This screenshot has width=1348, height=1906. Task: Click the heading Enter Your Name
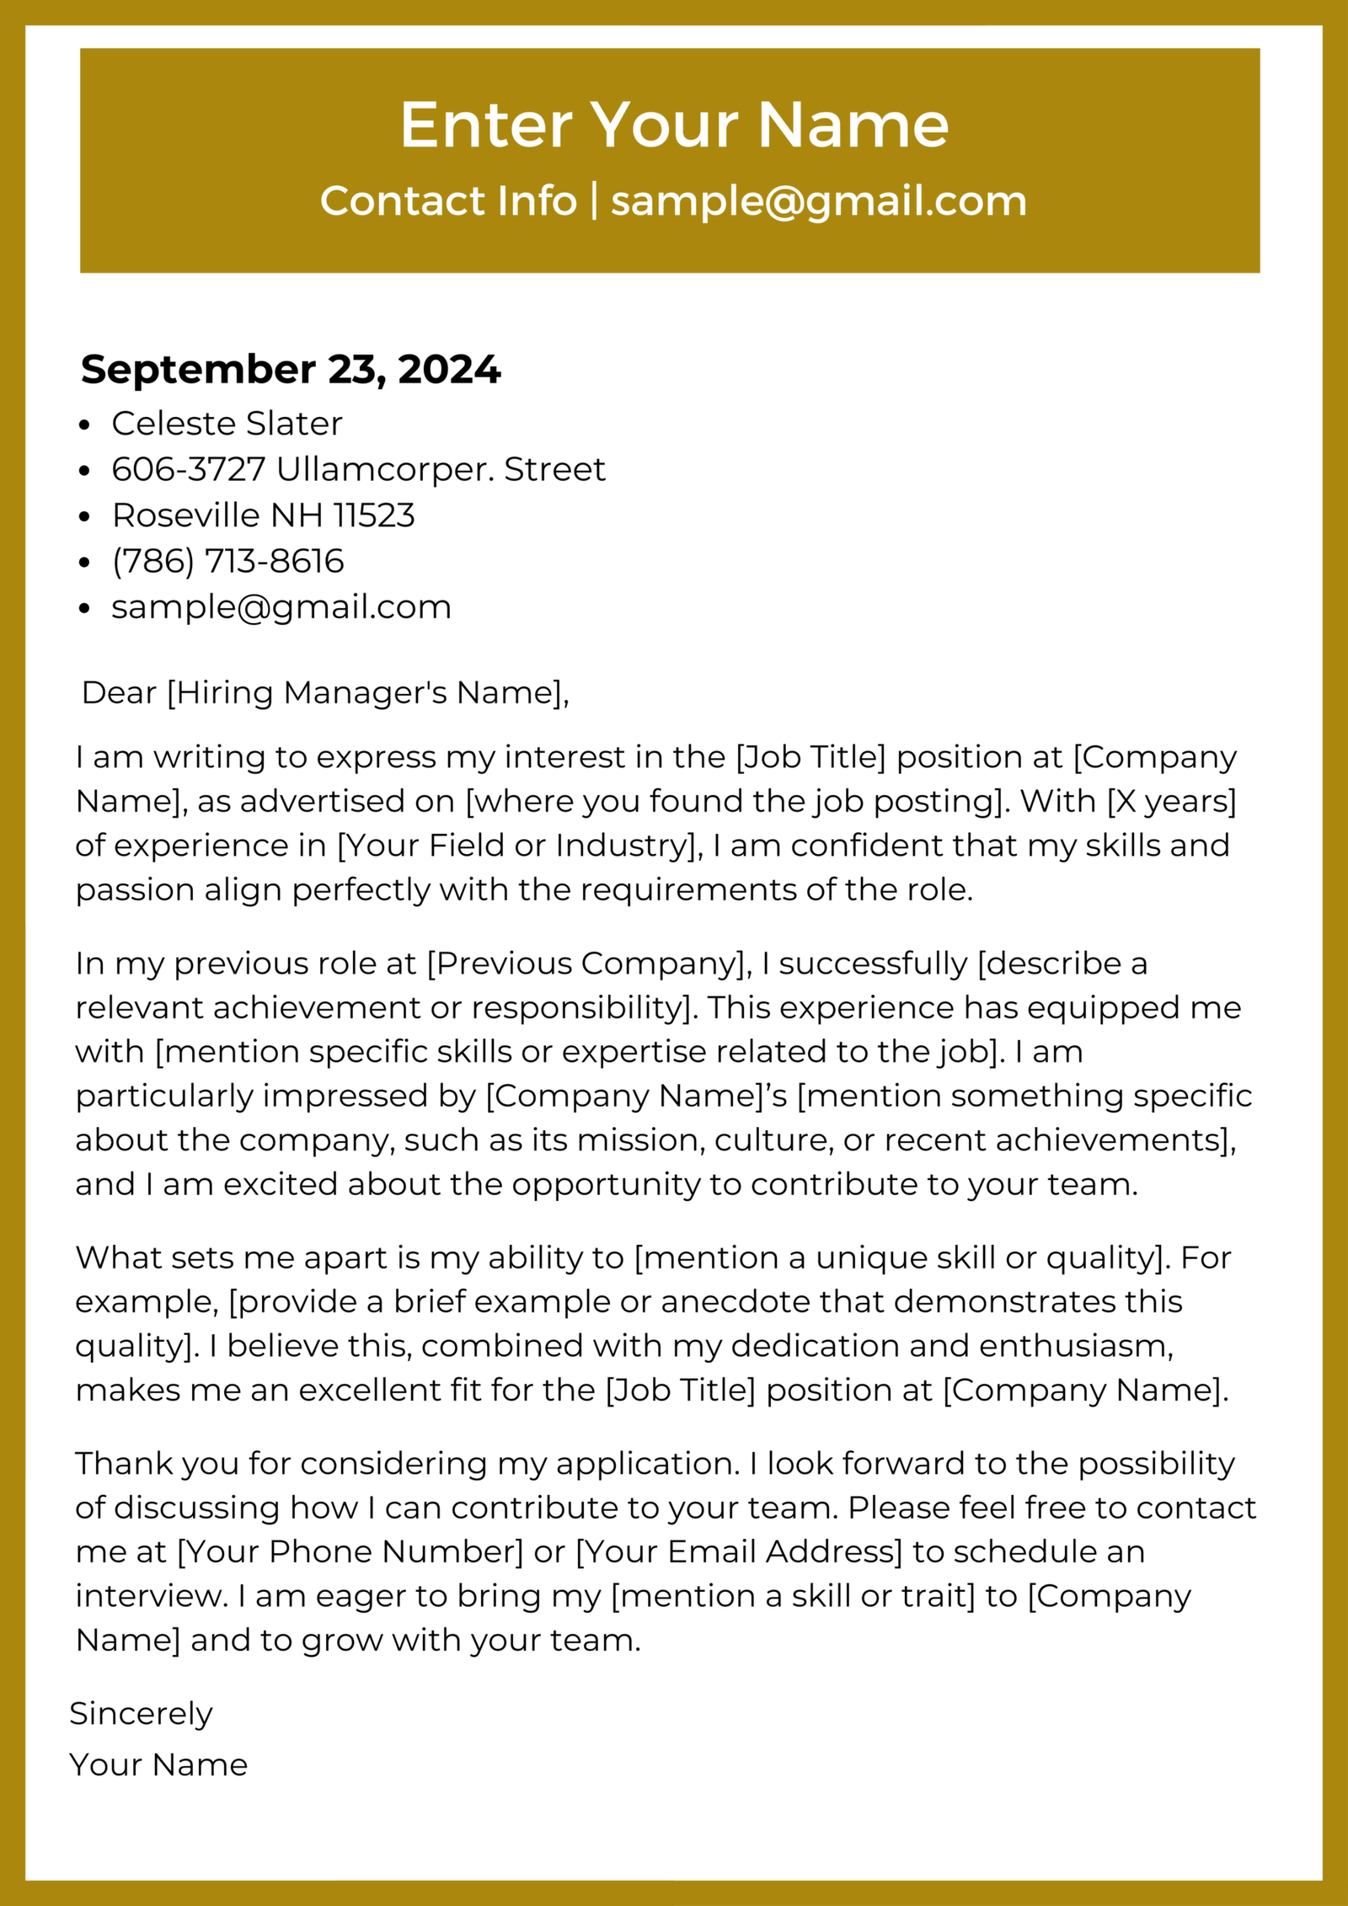(674, 125)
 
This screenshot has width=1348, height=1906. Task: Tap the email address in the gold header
(818, 201)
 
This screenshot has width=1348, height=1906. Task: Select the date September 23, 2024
(291, 370)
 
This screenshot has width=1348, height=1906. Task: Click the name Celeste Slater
(227, 424)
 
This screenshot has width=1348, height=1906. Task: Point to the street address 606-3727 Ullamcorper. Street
(358, 469)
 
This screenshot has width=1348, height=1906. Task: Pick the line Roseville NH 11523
(263, 515)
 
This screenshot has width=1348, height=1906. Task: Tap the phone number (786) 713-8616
(227, 561)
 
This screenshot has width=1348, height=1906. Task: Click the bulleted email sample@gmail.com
(281, 607)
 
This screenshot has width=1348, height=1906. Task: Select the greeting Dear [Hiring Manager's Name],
(325, 692)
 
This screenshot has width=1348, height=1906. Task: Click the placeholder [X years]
(1171, 801)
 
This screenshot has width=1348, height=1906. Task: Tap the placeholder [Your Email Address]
(739, 1551)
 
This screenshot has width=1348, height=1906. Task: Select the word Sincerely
(141, 1714)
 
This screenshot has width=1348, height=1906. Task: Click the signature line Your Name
(158, 1765)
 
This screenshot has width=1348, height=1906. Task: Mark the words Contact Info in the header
(448, 201)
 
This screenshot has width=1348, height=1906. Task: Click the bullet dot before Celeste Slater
(83, 425)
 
